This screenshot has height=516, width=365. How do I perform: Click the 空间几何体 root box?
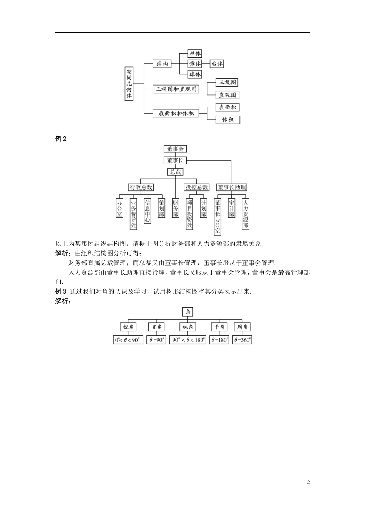point(129,84)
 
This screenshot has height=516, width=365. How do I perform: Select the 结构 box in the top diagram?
point(162,64)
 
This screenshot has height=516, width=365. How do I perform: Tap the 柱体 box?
point(195,53)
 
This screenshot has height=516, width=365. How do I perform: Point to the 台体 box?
point(217,64)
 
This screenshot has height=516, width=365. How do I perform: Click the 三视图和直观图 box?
point(176,89)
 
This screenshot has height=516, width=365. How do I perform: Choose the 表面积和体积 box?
point(176,113)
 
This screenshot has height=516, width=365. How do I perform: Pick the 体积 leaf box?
point(227,120)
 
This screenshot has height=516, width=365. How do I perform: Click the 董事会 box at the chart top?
point(175,149)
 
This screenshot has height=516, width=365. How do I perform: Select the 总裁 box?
point(175,172)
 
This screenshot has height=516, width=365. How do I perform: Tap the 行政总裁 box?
point(141,187)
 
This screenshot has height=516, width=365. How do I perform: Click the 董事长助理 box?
point(231,187)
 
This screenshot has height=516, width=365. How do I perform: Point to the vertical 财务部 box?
point(176,208)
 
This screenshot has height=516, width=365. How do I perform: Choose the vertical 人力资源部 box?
point(246,213)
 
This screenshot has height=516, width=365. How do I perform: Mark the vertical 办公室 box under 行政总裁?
point(119,208)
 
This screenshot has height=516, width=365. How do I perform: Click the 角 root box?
point(188,312)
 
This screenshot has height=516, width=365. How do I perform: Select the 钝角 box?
point(188,327)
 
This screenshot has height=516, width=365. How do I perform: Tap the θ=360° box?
point(242,340)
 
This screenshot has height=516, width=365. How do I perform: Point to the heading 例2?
point(61,139)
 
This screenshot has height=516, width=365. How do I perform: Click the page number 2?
point(308,483)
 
